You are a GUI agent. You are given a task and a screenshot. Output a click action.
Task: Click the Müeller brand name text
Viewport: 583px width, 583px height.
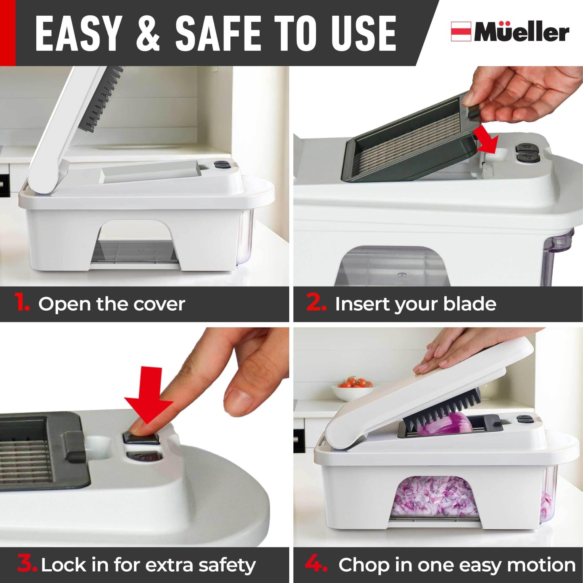(521, 32)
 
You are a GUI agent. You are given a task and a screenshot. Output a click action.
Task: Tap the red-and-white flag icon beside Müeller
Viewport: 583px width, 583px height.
(461, 31)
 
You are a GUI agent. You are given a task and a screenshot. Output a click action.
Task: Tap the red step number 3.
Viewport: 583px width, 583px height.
(27, 563)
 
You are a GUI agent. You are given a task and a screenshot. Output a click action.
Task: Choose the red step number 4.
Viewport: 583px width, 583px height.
(316, 563)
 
